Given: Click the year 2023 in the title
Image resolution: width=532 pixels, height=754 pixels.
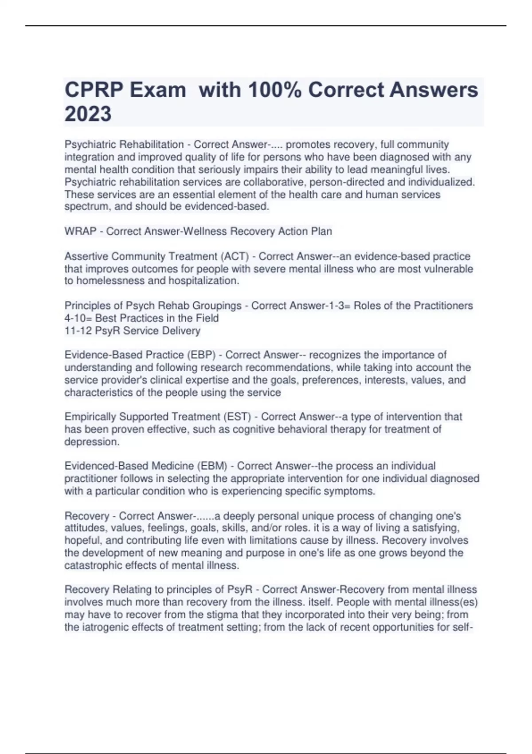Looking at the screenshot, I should [x=88, y=114].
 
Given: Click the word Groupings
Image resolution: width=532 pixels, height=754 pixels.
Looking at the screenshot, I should [x=219, y=306].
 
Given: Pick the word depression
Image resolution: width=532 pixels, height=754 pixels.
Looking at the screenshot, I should [x=92, y=442].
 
